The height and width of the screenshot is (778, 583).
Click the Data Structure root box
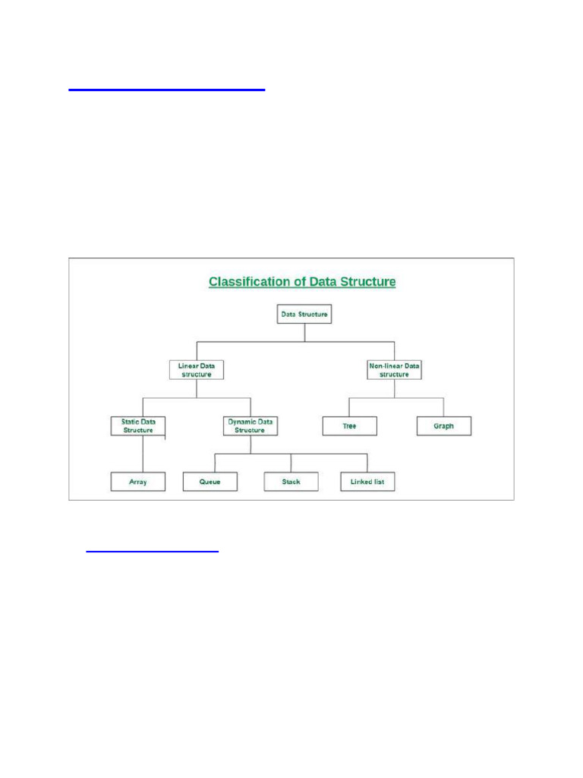click(304, 314)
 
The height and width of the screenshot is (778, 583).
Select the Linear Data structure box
click(196, 370)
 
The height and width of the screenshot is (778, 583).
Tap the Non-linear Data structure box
click(394, 370)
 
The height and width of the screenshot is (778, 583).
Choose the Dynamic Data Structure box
click(251, 425)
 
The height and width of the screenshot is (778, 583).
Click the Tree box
click(349, 426)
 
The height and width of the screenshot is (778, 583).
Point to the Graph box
click(444, 426)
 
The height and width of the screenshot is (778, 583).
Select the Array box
click(137, 482)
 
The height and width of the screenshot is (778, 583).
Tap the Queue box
click(210, 482)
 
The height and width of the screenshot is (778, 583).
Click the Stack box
click(291, 482)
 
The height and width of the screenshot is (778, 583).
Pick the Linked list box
click(368, 482)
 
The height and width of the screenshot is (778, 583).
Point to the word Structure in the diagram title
click(367, 282)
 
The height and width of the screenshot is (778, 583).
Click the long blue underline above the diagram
click(167, 90)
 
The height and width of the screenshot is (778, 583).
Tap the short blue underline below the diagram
click(152, 552)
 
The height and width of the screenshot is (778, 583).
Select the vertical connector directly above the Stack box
click(291, 463)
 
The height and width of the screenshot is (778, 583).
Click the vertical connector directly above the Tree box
click(349, 406)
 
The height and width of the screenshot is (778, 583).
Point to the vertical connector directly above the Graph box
click(444, 406)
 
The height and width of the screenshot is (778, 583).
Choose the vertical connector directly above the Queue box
click(215, 463)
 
